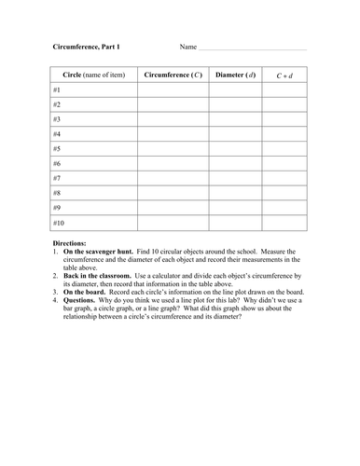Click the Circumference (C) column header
(172, 75)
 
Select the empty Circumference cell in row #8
(172, 193)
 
